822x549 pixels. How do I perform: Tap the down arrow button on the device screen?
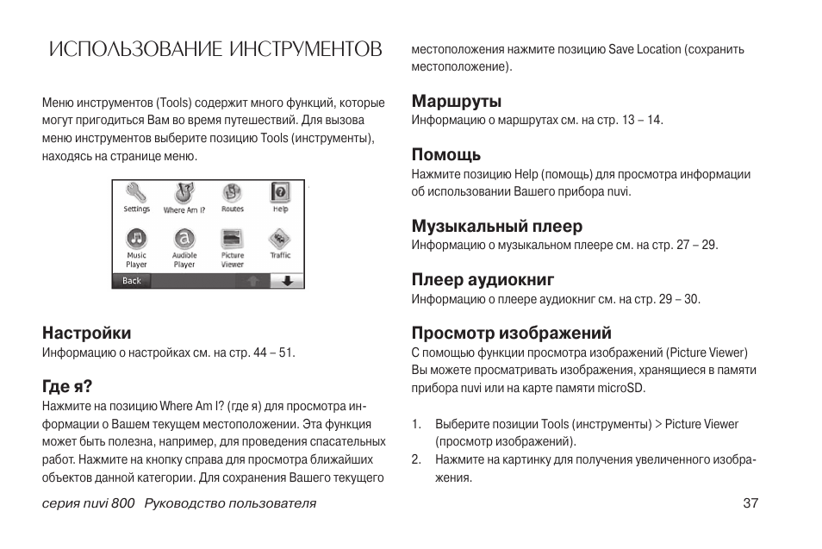287,281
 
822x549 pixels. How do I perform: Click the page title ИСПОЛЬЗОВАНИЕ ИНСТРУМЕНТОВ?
215,48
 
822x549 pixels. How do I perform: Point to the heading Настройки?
87,333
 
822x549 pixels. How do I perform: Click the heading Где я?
67,385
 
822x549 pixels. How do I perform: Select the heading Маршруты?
457,101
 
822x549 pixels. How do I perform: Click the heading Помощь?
446,155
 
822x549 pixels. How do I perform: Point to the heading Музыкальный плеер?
497,226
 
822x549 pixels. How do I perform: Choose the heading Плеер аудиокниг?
483,279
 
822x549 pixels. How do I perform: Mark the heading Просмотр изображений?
500,333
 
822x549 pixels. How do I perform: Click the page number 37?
750,503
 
